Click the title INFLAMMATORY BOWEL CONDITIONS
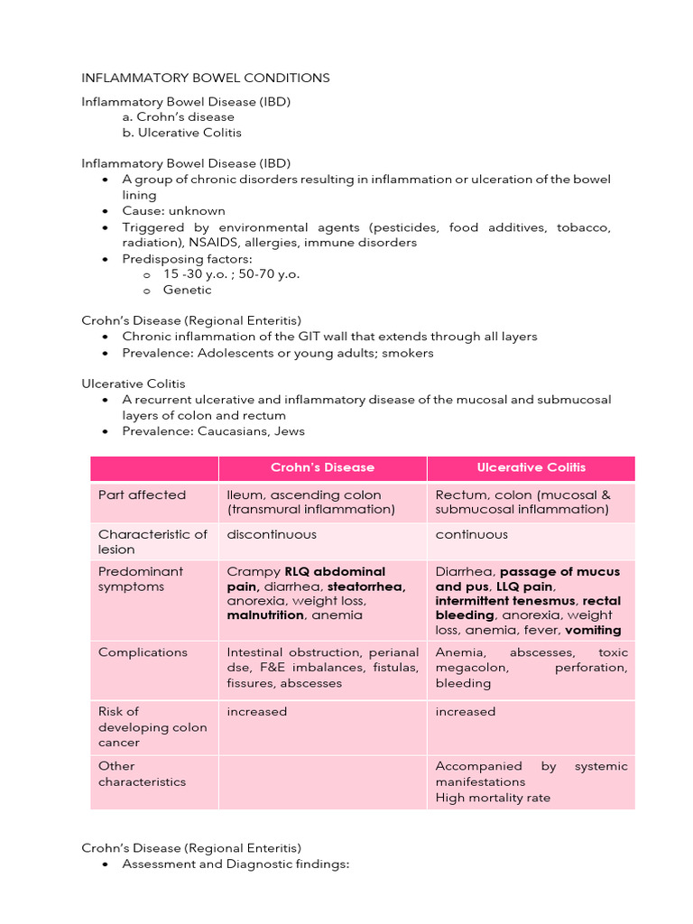206,78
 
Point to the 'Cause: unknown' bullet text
173,211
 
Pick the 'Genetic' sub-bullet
187,290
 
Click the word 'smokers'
408,353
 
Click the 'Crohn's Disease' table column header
322,467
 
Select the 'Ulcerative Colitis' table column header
531,467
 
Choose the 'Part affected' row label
142,494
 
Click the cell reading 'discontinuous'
272,534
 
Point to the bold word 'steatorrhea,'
366,587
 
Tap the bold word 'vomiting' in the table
590,630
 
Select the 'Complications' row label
143,652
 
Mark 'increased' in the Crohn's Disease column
256,711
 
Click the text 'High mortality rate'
493,798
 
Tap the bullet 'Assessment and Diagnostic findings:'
235,864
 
